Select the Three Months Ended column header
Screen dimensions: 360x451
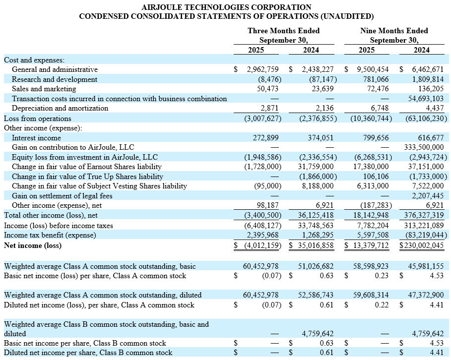point(283,31)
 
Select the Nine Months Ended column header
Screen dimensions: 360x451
point(394,31)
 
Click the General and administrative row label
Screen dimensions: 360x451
point(55,69)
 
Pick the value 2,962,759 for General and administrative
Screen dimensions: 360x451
point(265,69)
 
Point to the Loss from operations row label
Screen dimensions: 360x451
point(38,119)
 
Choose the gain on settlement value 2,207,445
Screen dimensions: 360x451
point(427,196)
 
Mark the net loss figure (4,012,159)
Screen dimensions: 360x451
point(261,245)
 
